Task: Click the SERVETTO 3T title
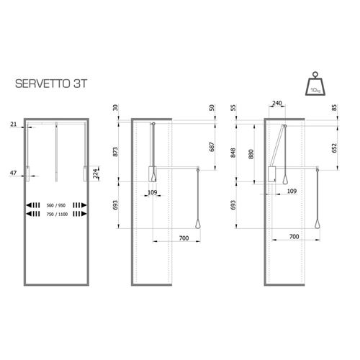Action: point(50,84)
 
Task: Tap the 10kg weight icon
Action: point(315,84)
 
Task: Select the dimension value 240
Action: point(277,103)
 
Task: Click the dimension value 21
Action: point(14,124)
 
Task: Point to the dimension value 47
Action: point(13,173)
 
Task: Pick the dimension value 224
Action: point(96,174)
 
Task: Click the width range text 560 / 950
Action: point(56,205)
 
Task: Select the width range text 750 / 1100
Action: point(57,214)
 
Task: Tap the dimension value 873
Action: point(115,152)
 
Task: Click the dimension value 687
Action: point(212,147)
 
